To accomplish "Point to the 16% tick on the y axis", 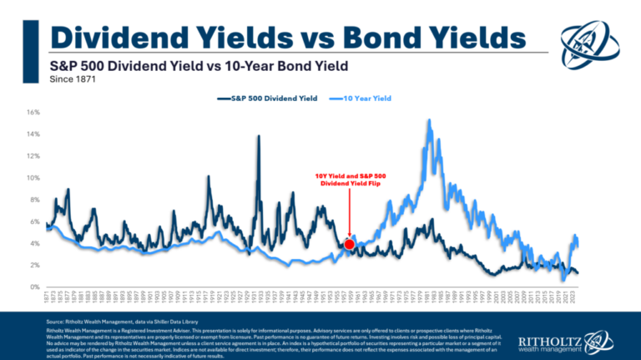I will (33, 112).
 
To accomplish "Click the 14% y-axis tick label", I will (33, 134).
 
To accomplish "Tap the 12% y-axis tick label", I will (33, 156).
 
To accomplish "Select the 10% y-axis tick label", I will (33, 178).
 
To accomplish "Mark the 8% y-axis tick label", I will (34, 200).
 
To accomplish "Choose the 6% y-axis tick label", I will (34, 221).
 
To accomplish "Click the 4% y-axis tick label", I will (34, 244).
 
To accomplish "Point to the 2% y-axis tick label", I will (34, 266).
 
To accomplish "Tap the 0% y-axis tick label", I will (34, 287).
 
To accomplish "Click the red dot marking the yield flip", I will (350, 244).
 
